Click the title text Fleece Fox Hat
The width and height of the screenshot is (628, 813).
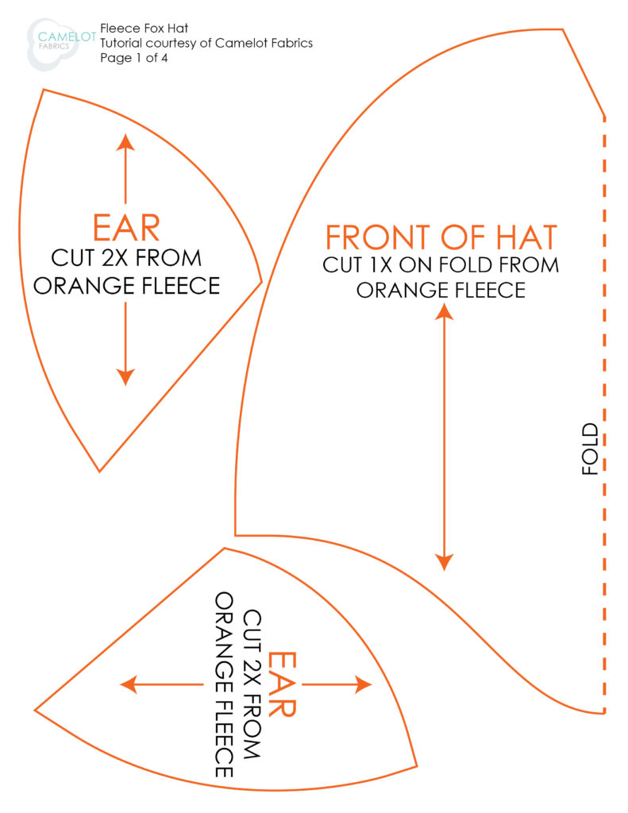(144, 28)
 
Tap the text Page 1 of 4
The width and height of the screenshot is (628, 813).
(134, 57)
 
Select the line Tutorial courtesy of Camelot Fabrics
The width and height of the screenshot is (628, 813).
(206, 43)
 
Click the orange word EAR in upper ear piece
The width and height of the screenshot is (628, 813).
(126, 228)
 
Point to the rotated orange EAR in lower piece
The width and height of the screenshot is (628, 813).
(282, 684)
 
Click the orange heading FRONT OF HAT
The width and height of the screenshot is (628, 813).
(441, 237)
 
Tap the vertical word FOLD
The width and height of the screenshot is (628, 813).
(590, 449)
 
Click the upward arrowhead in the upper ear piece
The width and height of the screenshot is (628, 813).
(125, 142)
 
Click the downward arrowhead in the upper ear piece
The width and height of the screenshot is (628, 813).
(125, 377)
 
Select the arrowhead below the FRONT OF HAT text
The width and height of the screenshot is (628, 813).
(445, 311)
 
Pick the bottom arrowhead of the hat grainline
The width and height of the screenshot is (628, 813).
(445, 562)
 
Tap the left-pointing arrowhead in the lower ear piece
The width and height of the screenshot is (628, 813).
(129, 684)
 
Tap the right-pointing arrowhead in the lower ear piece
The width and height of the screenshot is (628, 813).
(363, 684)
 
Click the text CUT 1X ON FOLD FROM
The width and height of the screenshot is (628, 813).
(441, 265)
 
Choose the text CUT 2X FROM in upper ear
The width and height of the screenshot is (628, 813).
(126, 258)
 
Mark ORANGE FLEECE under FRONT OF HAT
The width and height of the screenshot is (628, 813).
(441, 290)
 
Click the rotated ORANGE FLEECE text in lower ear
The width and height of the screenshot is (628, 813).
(224, 685)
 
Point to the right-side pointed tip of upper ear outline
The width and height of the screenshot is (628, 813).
(261, 282)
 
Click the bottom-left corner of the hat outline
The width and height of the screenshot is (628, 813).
(236, 534)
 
